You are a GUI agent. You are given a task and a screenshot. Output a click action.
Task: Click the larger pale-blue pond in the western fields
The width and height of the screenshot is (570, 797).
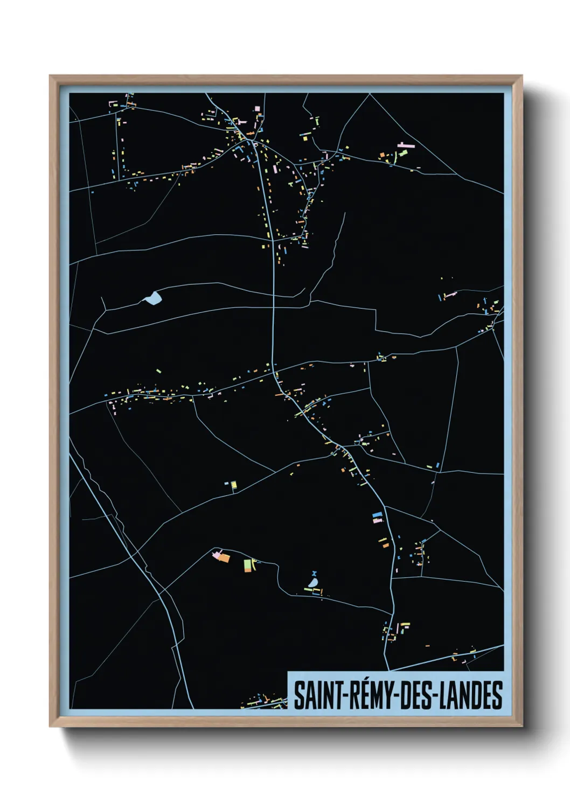click(152, 298)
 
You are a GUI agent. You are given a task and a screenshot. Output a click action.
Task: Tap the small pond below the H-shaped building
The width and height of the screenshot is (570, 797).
click(313, 583)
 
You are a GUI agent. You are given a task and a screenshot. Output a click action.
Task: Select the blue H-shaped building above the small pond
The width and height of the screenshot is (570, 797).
click(314, 574)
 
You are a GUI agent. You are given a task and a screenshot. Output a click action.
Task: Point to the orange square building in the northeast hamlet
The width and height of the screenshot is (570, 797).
click(383, 155)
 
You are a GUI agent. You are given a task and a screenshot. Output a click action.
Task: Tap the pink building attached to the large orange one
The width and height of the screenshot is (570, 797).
click(217, 554)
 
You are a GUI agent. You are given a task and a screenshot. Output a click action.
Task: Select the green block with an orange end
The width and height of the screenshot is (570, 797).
click(247, 565)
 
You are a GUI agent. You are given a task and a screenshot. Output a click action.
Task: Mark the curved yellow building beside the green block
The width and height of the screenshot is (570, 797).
click(254, 563)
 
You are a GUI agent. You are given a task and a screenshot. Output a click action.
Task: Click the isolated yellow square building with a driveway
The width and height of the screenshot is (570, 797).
click(234, 486)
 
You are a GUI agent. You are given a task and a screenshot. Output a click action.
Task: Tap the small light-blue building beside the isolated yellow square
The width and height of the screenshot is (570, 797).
click(227, 484)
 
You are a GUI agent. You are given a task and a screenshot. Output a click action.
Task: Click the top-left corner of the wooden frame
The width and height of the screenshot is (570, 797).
click(50, 76)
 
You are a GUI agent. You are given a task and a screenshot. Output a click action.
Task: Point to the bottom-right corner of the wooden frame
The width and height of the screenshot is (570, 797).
click(522, 726)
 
